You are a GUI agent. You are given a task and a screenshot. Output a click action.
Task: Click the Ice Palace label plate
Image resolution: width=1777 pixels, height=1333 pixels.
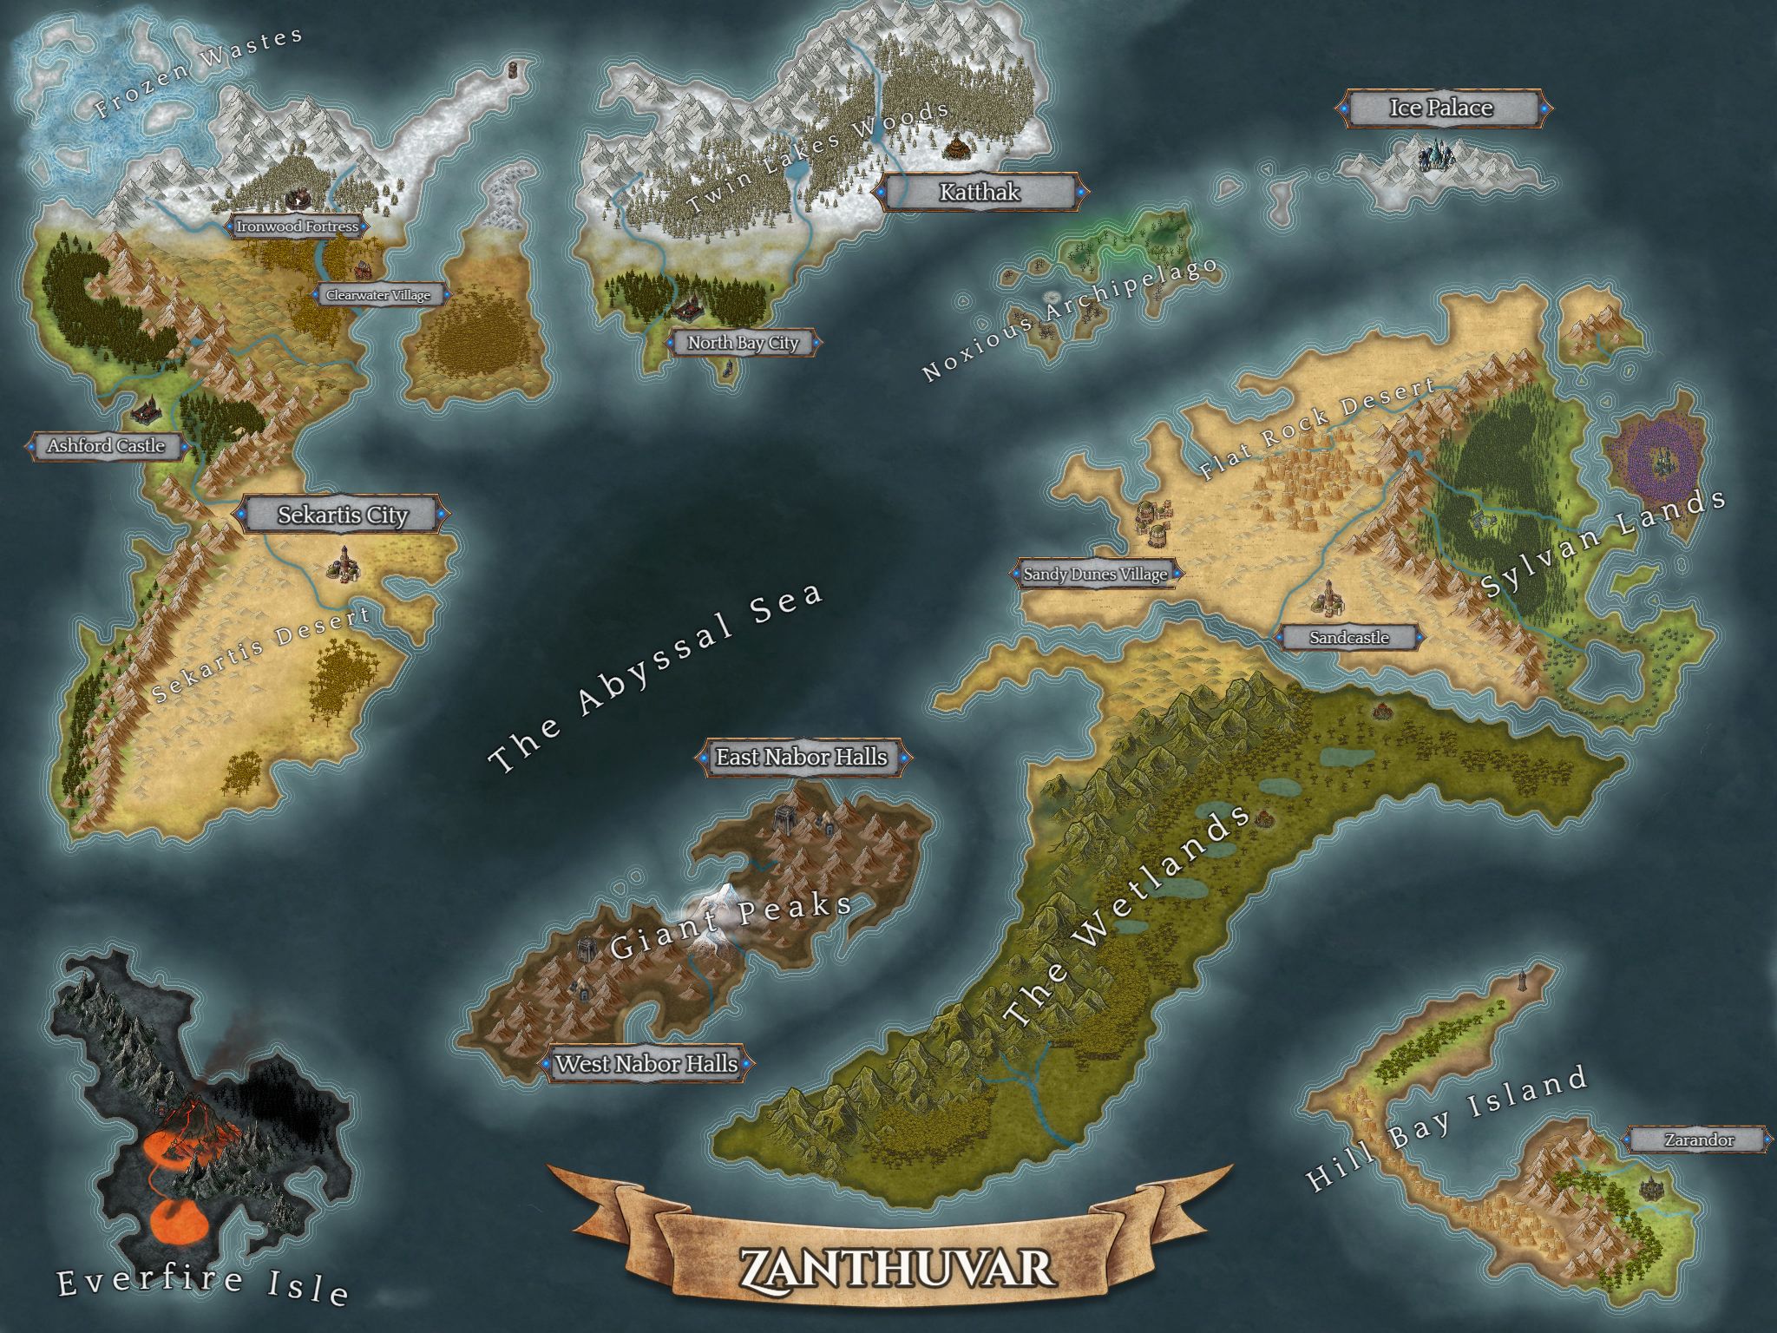[1441, 108]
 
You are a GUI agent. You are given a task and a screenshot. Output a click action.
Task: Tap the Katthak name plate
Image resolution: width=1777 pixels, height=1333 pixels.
[980, 193]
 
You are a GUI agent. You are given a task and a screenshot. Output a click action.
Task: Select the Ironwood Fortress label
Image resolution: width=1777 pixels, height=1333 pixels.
[297, 227]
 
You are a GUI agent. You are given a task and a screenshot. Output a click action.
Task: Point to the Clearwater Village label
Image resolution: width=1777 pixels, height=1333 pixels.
[378, 295]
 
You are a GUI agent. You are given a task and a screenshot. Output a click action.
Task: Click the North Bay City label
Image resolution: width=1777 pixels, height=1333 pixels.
[743, 343]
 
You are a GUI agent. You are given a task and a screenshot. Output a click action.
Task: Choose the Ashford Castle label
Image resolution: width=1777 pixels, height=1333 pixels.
[106, 446]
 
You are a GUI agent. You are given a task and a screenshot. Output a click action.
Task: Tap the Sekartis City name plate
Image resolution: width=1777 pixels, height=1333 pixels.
[342, 515]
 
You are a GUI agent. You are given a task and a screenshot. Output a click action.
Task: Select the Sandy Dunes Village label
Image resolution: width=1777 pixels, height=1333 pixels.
[1095, 574]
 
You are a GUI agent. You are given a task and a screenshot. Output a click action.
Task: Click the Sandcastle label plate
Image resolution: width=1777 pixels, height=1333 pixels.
[1349, 638]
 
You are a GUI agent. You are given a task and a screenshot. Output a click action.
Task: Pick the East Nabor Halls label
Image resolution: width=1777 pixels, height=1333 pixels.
[801, 757]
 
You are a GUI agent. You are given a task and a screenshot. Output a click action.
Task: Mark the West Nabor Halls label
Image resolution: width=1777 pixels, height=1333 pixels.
[646, 1063]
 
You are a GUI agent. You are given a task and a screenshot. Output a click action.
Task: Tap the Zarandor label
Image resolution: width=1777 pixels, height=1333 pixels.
[1699, 1140]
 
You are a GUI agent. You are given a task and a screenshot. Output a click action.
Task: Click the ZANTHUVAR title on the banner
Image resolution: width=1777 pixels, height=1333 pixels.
[896, 1268]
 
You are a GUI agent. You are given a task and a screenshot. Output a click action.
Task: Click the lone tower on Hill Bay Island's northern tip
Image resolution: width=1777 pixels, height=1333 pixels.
[1523, 980]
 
